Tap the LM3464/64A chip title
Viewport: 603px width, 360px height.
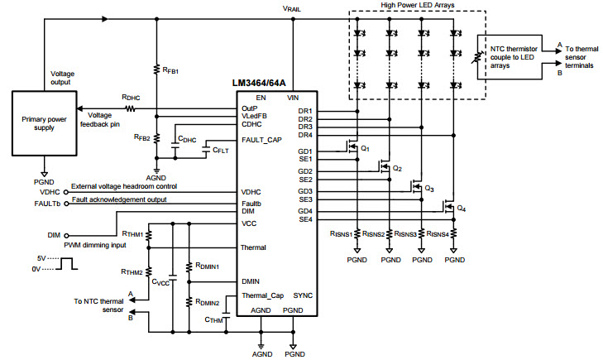tap(259, 84)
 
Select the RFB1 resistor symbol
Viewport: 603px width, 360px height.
tap(156, 70)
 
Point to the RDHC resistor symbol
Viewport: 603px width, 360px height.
tap(131, 109)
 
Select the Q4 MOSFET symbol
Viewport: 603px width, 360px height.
tap(448, 206)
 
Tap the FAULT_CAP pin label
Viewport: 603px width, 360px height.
tap(261, 140)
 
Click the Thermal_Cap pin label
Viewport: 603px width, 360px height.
tap(263, 295)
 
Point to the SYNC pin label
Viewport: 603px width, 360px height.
tap(303, 295)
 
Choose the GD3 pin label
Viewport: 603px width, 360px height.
tap(305, 191)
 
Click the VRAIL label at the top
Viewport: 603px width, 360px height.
tap(291, 8)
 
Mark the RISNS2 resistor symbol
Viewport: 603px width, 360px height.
tap(390, 233)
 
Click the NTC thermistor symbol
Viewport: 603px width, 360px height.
tap(477, 57)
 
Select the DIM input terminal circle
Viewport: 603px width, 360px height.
tap(66, 235)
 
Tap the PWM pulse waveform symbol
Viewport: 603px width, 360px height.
tap(66, 263)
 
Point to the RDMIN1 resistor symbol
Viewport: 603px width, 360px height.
tap(189, 267)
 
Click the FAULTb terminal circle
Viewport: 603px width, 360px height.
tap(66, 204)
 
